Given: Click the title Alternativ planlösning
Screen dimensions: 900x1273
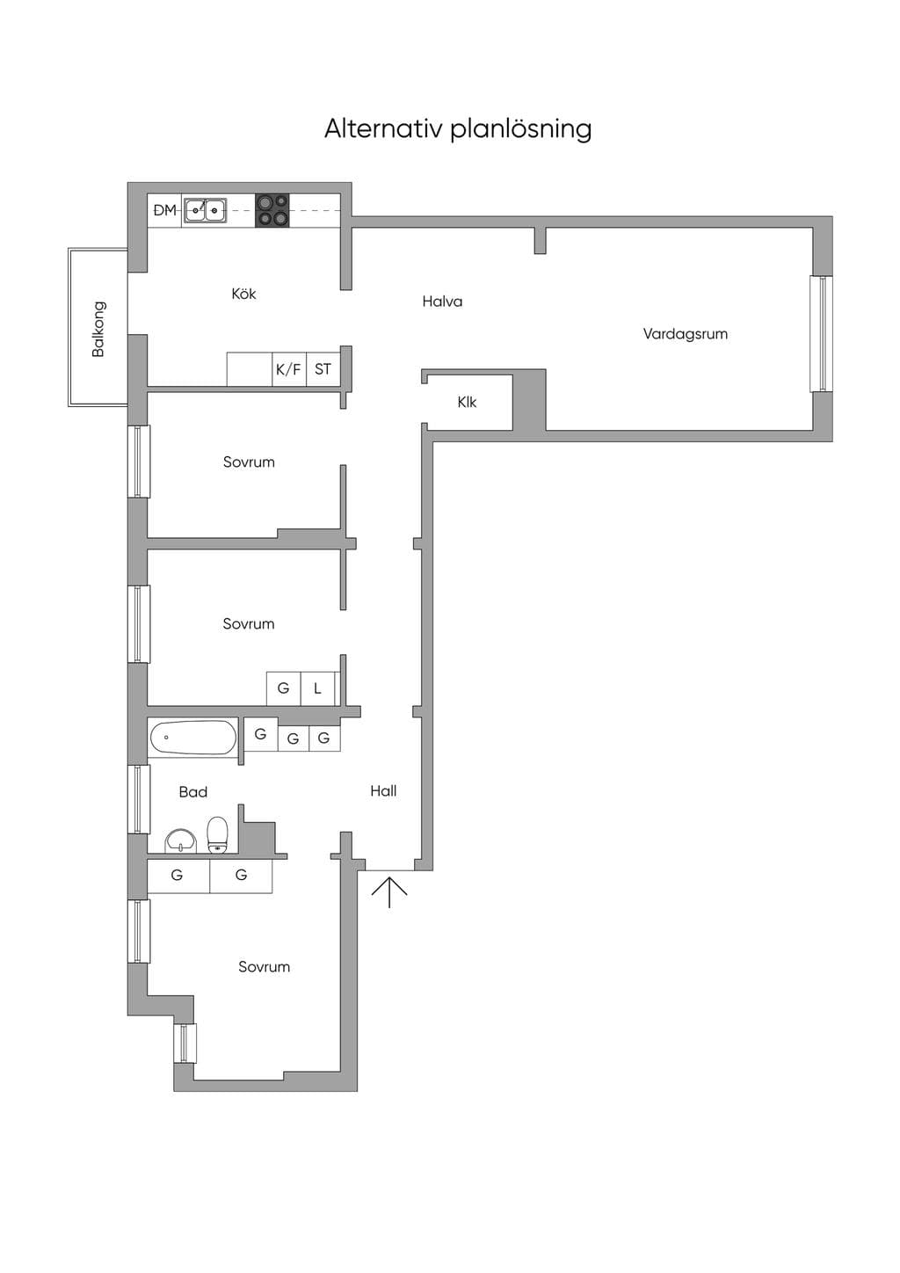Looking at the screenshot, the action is (x=458, y=129).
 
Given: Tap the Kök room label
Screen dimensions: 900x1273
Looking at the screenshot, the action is (x=243, y=294).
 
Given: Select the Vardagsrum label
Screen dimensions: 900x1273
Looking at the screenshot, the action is (x=686, y=334).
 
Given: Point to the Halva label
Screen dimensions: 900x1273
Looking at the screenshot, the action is (x=442, y=302).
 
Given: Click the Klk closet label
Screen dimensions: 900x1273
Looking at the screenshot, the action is (x=467, y=403).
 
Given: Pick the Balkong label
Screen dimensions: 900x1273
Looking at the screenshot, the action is (x=98, y=329).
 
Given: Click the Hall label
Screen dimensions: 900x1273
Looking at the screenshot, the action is (x=383, y=790).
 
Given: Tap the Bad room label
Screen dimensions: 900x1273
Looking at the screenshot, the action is (x=193, y=791).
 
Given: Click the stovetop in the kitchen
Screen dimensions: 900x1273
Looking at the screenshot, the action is (x=272, y=210).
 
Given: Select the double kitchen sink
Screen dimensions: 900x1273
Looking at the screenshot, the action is (x=205, y=210).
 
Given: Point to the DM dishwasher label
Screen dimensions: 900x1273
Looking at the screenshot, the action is (x=164, y=210).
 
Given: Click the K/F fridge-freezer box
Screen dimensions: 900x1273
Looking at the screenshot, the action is (x=288, y=369).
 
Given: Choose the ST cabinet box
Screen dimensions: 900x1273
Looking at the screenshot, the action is (x=323, y=369).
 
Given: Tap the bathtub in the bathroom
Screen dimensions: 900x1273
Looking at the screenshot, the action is (x=193, y=737).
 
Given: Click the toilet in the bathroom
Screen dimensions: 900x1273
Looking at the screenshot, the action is (x=217, y=835).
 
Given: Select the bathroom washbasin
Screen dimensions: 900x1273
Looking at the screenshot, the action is (x=181, y=840).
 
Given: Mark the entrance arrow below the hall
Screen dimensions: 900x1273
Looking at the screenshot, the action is (x=389, y=891).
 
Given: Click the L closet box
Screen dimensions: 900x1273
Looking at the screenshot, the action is (x=318, y=688).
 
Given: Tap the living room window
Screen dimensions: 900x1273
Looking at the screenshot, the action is (x=821, y=334).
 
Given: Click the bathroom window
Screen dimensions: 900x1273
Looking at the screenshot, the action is (x=138, y=799).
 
